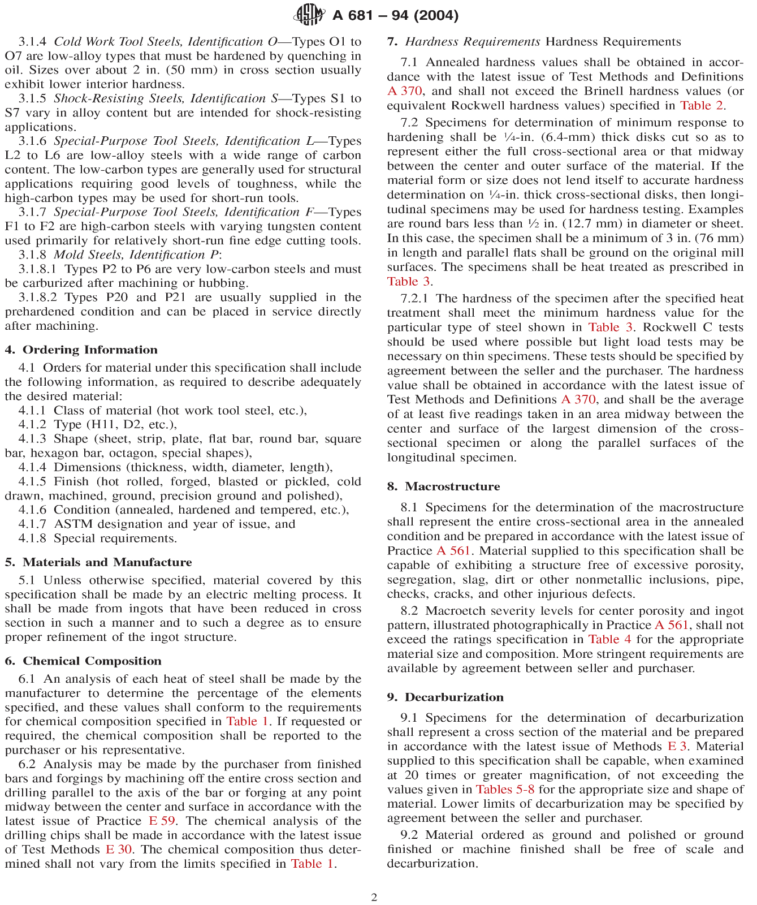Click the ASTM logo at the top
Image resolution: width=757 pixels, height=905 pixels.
click(308, 14)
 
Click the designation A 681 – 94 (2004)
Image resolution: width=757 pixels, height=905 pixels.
click(395, 15)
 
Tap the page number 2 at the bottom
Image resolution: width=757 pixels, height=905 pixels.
click(374, 897)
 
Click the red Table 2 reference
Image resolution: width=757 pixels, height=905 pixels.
click(702, 105)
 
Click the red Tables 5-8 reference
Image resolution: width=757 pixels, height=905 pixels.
click(505, 789)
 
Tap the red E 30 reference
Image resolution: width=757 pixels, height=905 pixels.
click(119, 849)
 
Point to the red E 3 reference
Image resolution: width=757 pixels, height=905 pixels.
click(677, 746)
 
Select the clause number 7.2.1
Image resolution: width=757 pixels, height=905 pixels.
click(414, 298)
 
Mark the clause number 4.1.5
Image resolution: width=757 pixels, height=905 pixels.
click(32, 481)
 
